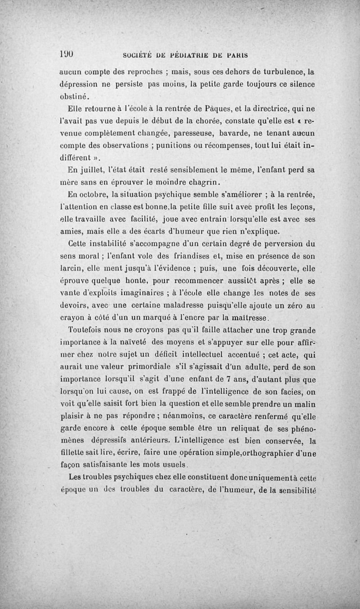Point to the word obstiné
76,95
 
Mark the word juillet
92,170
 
